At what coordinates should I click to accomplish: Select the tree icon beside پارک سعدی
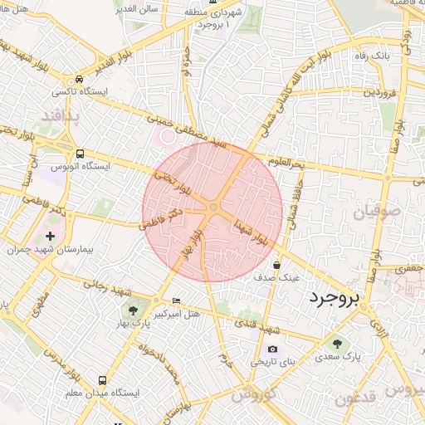pos(337,343)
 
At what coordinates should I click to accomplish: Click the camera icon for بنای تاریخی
pos(272,349)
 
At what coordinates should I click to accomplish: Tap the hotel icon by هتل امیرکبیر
pos(175,300)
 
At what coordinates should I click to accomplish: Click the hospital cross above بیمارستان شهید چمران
pos(51,237)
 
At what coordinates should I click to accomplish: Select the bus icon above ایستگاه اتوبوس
pos(80,154)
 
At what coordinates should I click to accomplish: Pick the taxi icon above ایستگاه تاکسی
pos(78,77)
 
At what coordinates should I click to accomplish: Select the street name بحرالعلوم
pos(287,161)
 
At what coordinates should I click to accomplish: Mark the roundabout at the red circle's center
pos(213,206)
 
